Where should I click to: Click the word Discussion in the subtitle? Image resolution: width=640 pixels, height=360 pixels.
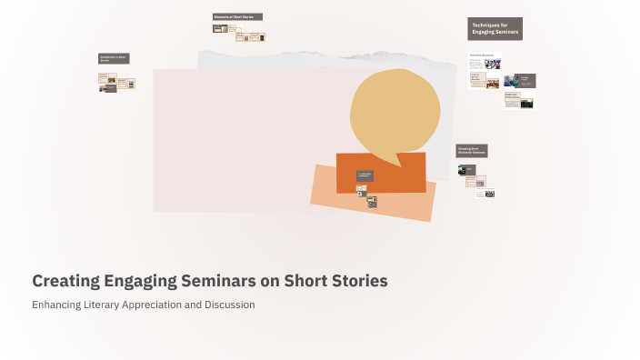point(229,305)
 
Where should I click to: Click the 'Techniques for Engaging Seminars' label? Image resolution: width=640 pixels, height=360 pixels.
point(495,29)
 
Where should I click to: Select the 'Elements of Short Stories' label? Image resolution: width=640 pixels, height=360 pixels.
point(237,16)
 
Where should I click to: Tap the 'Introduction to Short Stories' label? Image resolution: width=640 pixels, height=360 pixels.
point(114,59)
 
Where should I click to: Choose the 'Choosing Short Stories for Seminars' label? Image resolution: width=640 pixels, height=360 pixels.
point(472,150)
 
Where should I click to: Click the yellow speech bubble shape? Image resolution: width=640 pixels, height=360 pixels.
point(395,109)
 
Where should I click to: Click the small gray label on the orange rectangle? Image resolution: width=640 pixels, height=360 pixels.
point(365,175)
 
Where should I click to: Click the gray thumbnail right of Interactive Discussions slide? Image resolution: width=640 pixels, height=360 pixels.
point(519,80)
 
